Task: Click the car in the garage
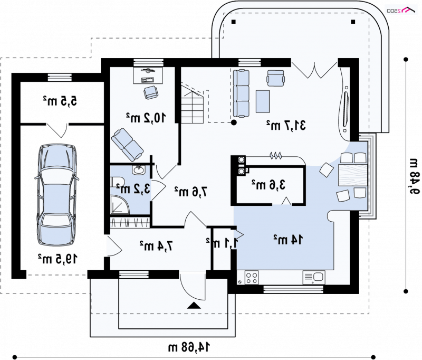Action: coord(57,194)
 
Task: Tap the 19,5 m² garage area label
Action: coord(57,259)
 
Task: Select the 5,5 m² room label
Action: coord(60,101)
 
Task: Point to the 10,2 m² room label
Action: coord(146,117)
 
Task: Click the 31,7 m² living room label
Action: coord(286,125)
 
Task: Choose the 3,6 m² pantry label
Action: coord(268,185)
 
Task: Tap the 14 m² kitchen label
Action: coord(288,239)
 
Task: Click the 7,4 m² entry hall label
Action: coord(156,245)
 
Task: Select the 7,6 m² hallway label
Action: coord(191,192)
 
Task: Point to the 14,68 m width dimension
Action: coord(189,347)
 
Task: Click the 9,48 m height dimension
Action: coord(415,176)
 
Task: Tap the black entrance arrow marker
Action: coord(194,305)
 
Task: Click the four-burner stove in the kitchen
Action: coord(252,278)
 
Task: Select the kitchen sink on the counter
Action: coord(314,278)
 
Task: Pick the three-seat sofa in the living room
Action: coord(241,93)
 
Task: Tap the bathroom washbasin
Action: coord(138,170)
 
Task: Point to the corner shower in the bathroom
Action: coord(120,205)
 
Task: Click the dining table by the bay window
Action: coord(353,175)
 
